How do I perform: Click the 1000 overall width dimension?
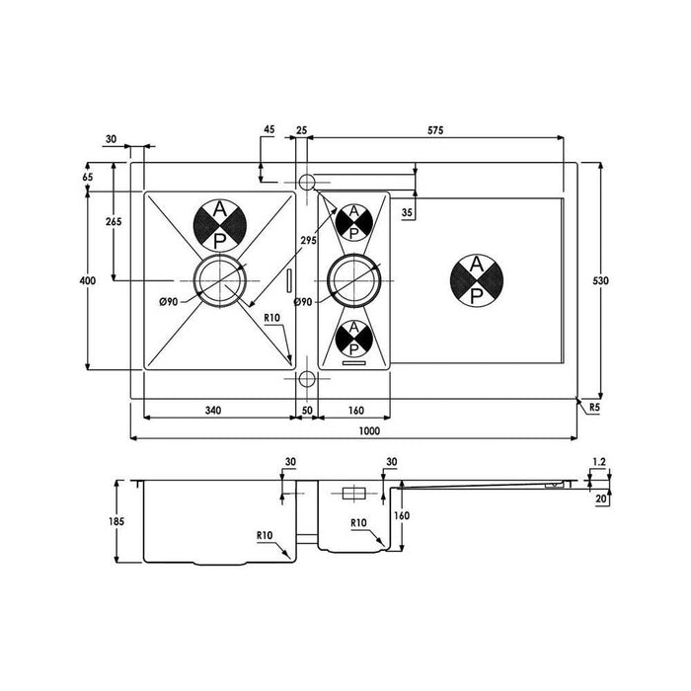[369, 430]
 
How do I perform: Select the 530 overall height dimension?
[600, 280]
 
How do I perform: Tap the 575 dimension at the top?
[435, 130]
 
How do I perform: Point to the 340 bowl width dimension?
[213, 411]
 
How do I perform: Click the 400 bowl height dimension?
[87, 280]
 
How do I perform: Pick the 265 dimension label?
[114, 221]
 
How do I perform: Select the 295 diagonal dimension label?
[308, 241]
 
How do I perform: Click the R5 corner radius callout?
[594, 408]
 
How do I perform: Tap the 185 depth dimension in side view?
[116, 521]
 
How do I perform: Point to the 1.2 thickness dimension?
[599, 462]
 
